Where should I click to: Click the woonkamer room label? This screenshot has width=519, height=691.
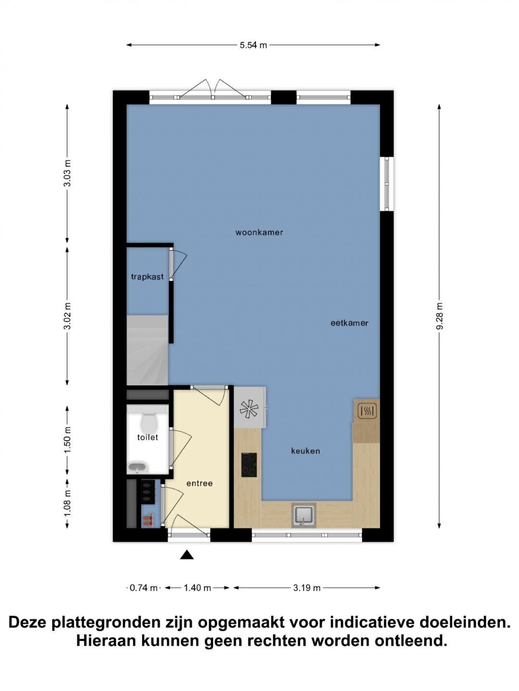coord(259,233)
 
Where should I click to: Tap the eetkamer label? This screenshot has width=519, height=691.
coord(349,323)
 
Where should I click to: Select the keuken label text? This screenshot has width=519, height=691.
coord(305,451)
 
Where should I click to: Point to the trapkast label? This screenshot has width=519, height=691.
coord(148,277)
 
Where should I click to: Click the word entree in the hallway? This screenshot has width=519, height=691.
coord(199,483)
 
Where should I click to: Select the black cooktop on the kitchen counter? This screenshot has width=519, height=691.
coord(249,465)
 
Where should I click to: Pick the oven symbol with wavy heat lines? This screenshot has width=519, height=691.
coord(367,411)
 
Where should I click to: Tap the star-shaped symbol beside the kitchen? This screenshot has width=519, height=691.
coord(249,409)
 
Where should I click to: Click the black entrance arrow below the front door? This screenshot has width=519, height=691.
coord(187,555)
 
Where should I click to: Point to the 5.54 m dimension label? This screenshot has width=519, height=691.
coord(253,45)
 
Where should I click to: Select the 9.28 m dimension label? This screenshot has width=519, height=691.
coord(440,316)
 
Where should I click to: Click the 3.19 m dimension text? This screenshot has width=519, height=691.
coord(307,587)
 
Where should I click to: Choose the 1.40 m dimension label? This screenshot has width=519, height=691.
coord(197,587)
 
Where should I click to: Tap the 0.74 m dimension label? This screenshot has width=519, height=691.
coord(143,587)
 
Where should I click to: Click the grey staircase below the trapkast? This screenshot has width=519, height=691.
coord(148,350)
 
